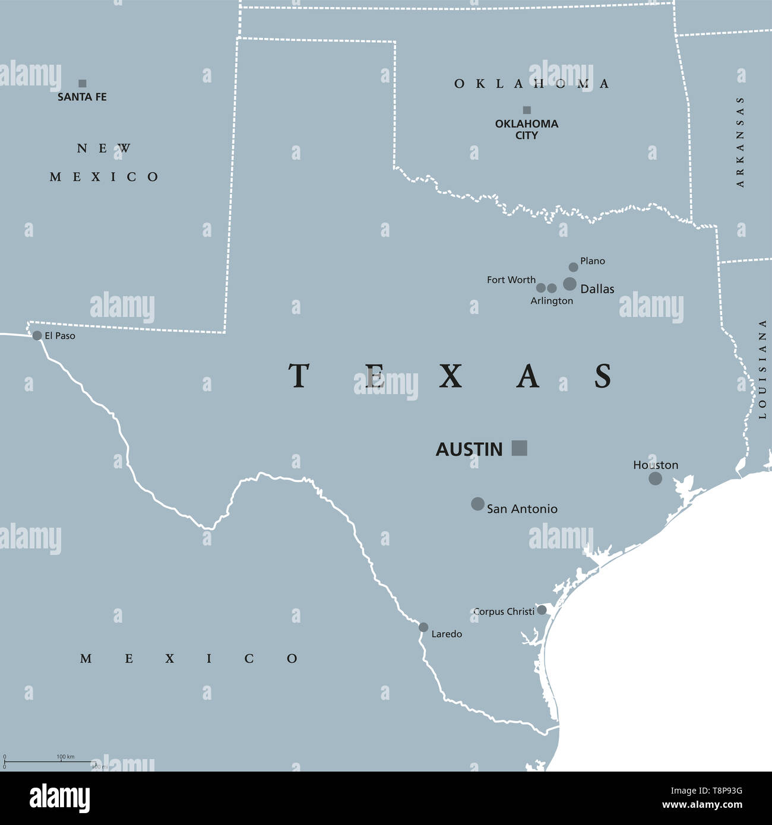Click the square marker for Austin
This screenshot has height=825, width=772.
point(519,448)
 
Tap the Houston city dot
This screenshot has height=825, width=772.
point(655,478)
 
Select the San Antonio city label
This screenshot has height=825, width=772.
point(521,509)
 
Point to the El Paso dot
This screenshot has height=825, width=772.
point(37,335)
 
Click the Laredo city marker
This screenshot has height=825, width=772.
point(423,627)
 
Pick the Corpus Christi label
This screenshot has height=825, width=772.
point(504,611)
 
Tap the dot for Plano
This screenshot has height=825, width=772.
point(573,267)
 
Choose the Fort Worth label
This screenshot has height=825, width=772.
point(511,280)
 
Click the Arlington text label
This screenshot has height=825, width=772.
point(552,301)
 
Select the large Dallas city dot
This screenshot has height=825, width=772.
point(569,284)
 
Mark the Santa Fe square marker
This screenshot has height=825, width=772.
point(83,84)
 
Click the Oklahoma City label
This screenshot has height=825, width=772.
point(526,129)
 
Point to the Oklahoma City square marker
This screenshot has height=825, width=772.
point(527,110)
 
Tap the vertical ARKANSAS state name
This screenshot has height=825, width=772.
point(740,142)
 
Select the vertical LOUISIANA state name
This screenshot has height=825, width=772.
point(762,369)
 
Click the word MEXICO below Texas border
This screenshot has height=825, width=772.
point(189,658)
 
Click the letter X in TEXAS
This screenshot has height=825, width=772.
point(451,376)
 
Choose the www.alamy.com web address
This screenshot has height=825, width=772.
point(703,805)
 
